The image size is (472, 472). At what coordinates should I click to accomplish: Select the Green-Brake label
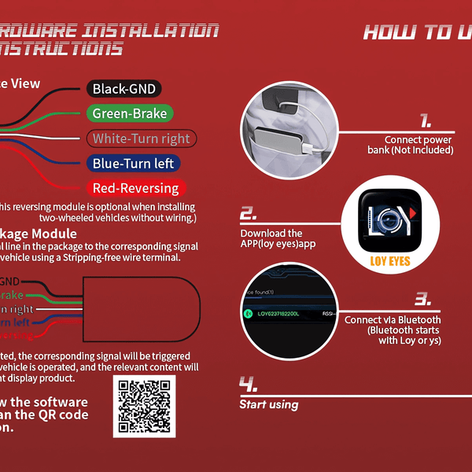click(x=130, y=114)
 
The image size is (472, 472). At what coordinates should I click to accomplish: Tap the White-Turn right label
click(x=141, y=139)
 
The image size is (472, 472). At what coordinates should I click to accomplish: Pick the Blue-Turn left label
click(x=133, y=164)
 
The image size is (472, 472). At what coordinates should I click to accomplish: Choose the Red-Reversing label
click(x=136, y=188)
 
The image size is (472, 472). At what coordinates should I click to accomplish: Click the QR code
click(x=145, y=406)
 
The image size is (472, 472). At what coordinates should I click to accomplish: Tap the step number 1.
click(x=425, y=121)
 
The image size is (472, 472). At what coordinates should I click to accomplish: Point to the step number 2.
click(x=248, y=214)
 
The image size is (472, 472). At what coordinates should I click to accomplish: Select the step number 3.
click(x=423, y=299)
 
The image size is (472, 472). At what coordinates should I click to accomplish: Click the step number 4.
click(x=249, y=385)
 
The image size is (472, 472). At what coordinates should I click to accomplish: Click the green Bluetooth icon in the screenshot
click(x=247, y=314)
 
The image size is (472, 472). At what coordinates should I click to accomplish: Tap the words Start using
click(x=269, y=404)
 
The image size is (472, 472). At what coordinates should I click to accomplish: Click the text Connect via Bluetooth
click(x=393, y=320)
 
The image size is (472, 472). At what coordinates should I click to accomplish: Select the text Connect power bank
click(x=419, y=145)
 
